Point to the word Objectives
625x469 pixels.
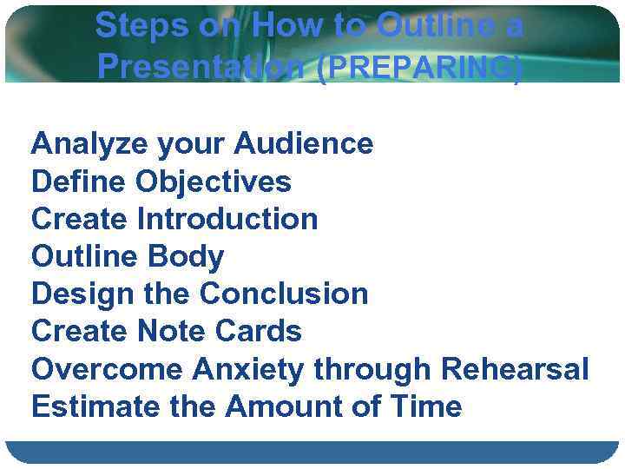214,182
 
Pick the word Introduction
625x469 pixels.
227,219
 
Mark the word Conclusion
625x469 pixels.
284,294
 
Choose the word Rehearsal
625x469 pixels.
515,368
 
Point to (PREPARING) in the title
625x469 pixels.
420,66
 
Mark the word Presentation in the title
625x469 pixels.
204,66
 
